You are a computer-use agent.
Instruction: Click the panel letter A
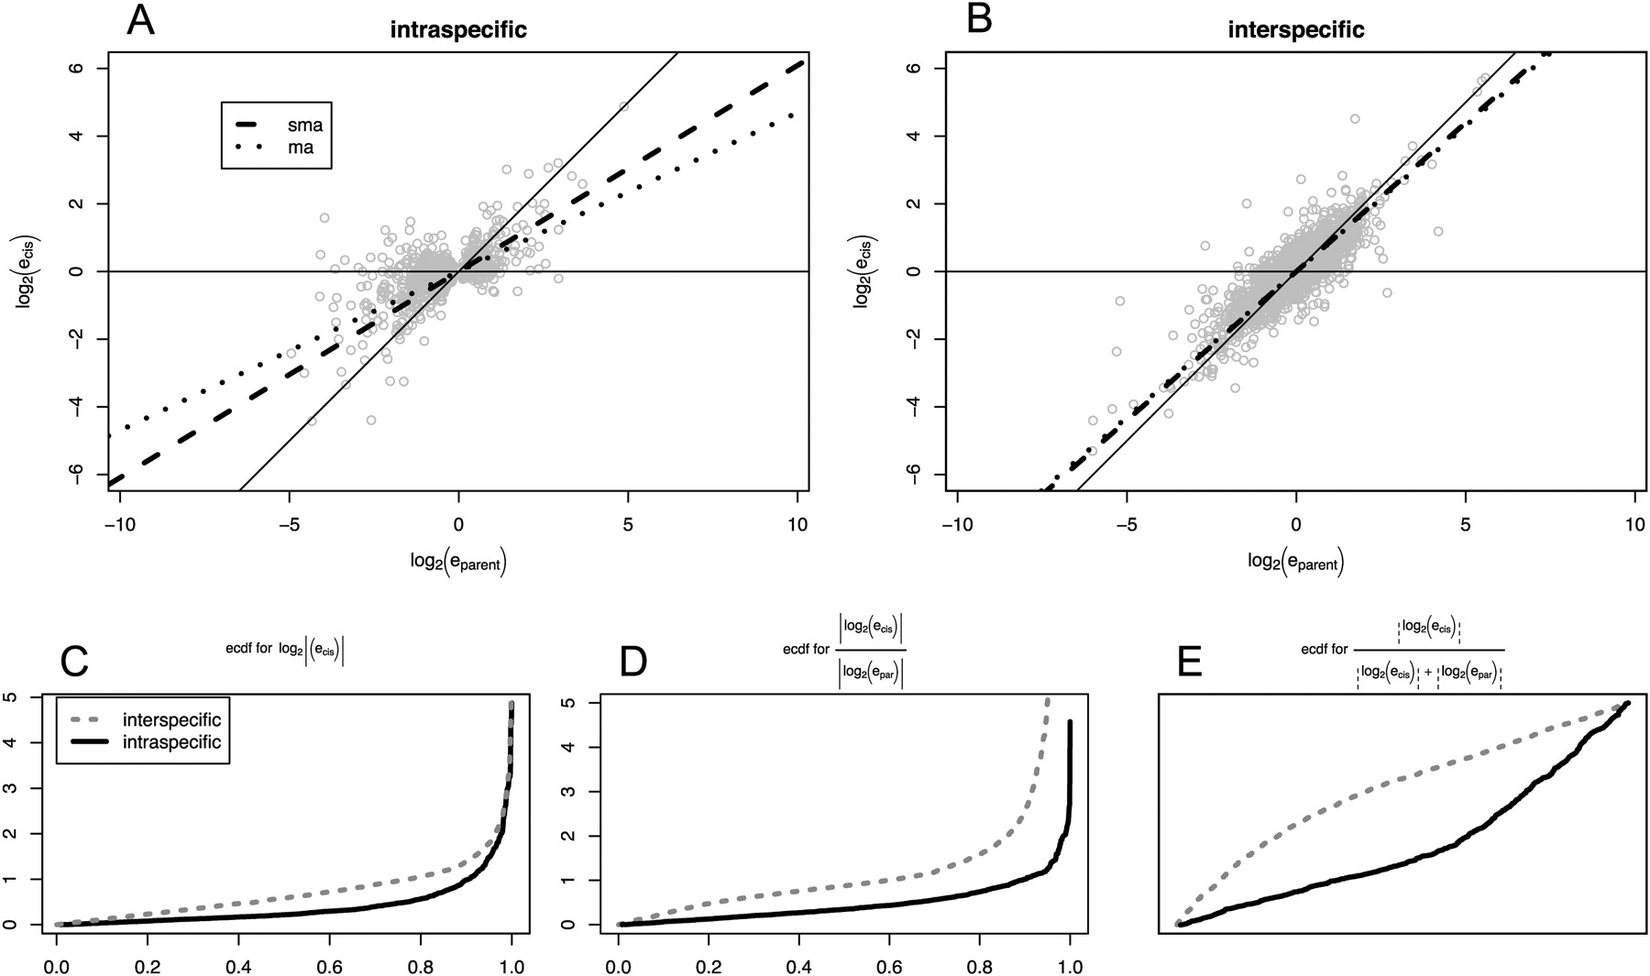click(140, 20)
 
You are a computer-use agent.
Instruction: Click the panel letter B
click(979, 20)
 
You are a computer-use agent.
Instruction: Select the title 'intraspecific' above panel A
click(458, 30)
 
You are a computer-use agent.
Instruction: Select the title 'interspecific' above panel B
click(1296, 30)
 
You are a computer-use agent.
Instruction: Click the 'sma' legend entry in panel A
click(305, 125)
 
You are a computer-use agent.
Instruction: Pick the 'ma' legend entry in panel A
click(301, 147)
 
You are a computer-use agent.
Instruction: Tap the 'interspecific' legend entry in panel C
click(170, 719)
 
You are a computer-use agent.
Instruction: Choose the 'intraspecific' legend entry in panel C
click(170, 741)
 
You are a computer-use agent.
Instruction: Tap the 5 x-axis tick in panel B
click(1465, 523)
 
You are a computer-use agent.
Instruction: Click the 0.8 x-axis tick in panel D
click(979, 965)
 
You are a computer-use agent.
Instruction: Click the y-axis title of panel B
click(863, 271)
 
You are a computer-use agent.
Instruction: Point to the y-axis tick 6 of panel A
click(89, 69)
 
